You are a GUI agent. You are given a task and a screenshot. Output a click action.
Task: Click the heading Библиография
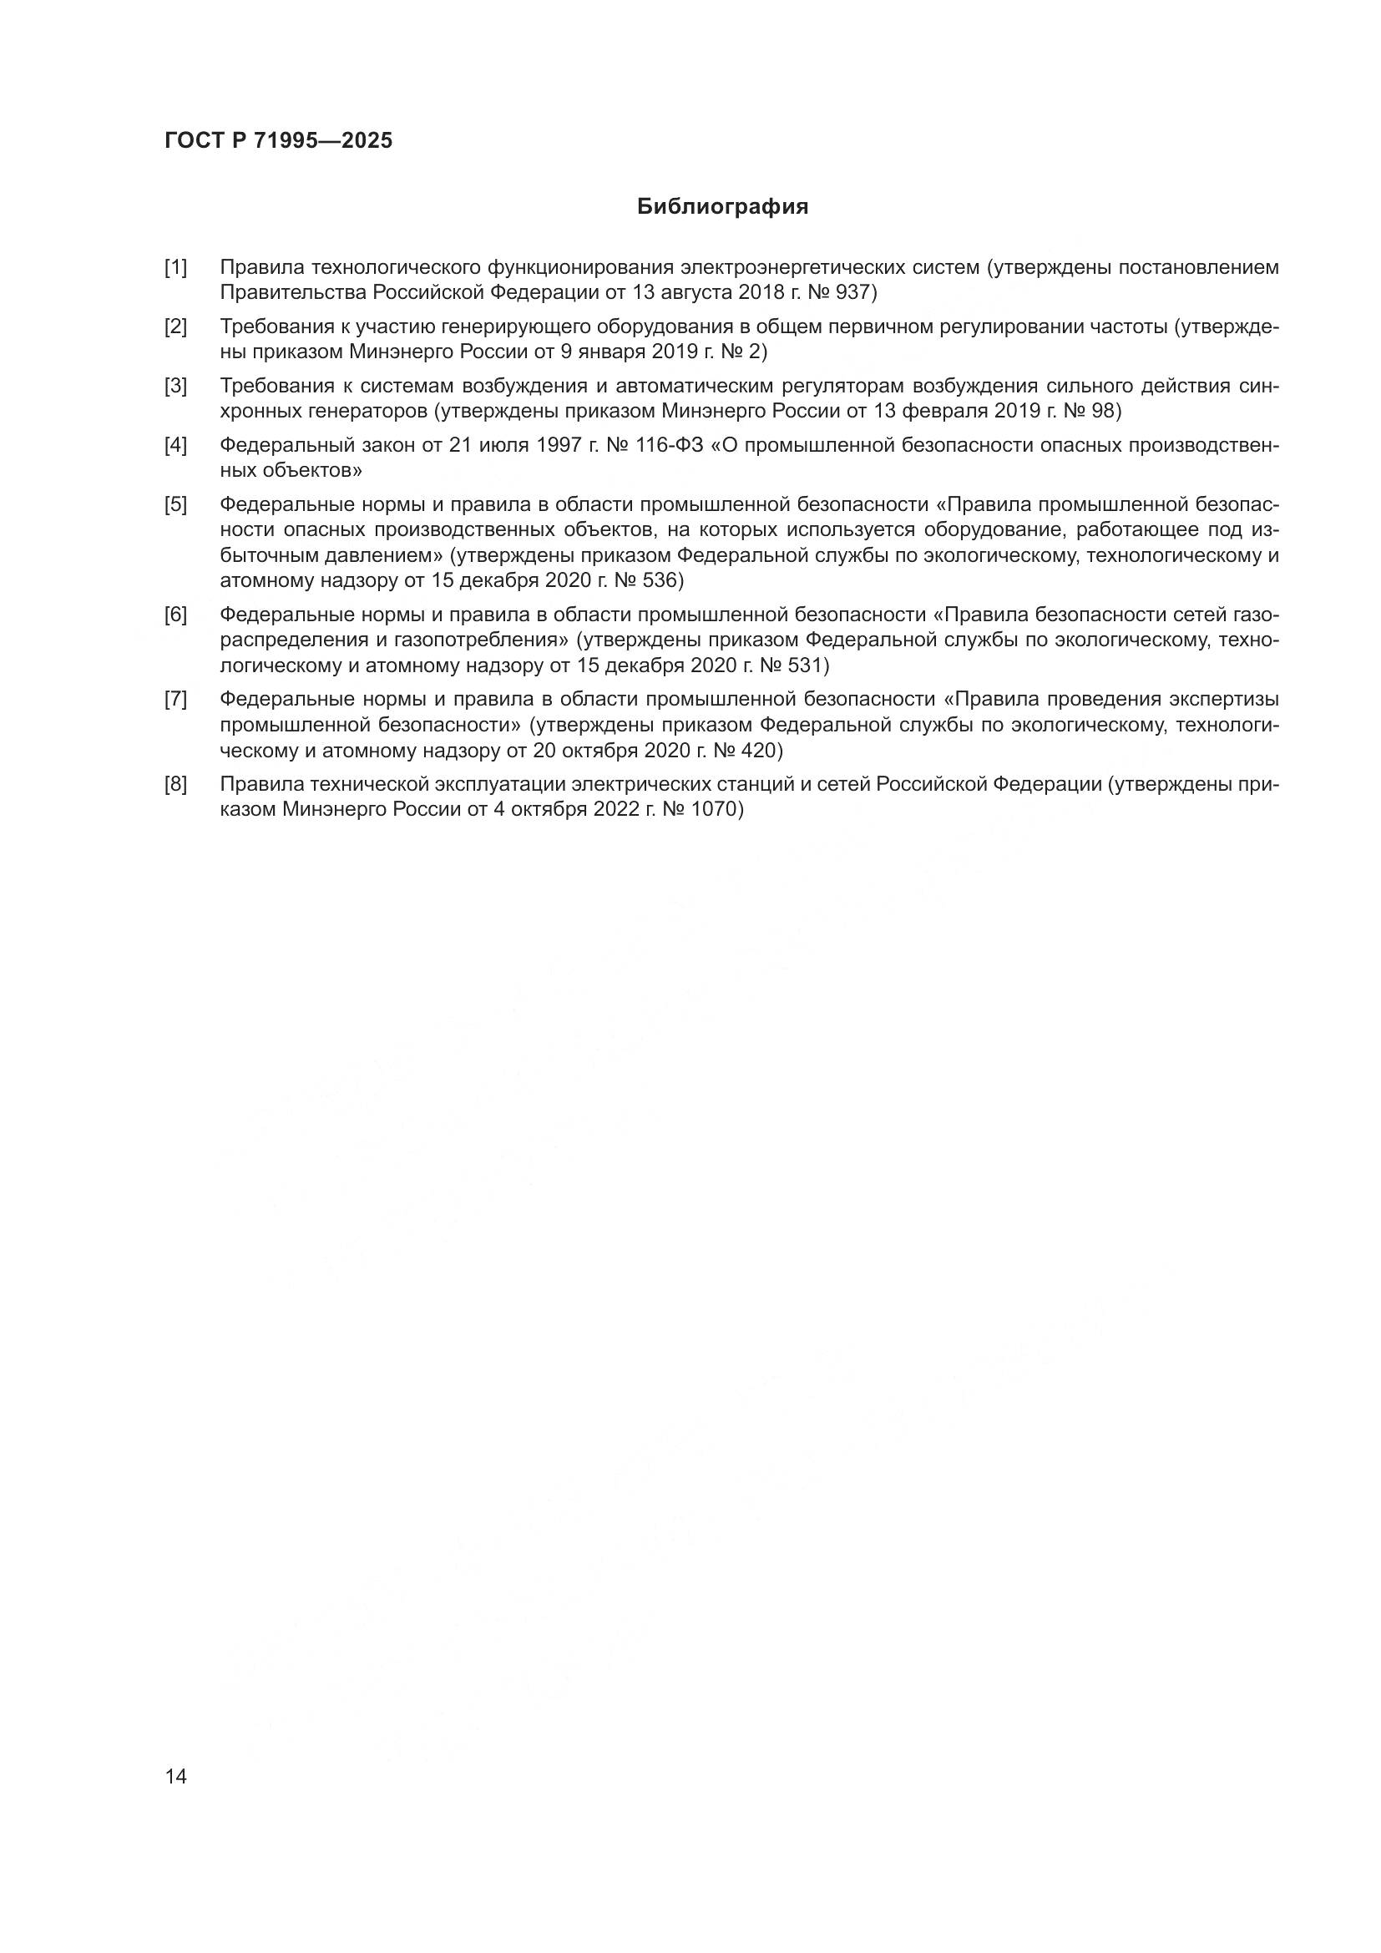pyautogui.click(x=722, y=207)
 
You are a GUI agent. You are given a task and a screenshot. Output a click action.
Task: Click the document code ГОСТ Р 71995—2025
pyautogui.click(x=279, y=141)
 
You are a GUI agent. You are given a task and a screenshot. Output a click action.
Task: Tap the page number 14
pyautogui.click(x=176, y=1776)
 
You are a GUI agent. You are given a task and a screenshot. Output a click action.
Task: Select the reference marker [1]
pyautogui.click(x=176, y=268)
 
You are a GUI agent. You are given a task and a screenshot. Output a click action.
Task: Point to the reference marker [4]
pyautogui.click(x=176, y=445)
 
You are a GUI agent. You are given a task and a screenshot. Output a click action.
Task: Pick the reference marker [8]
pyautogui.click(x=176, y=783)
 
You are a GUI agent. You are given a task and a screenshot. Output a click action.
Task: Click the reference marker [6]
pyautogui.click(x=176, y=615)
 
